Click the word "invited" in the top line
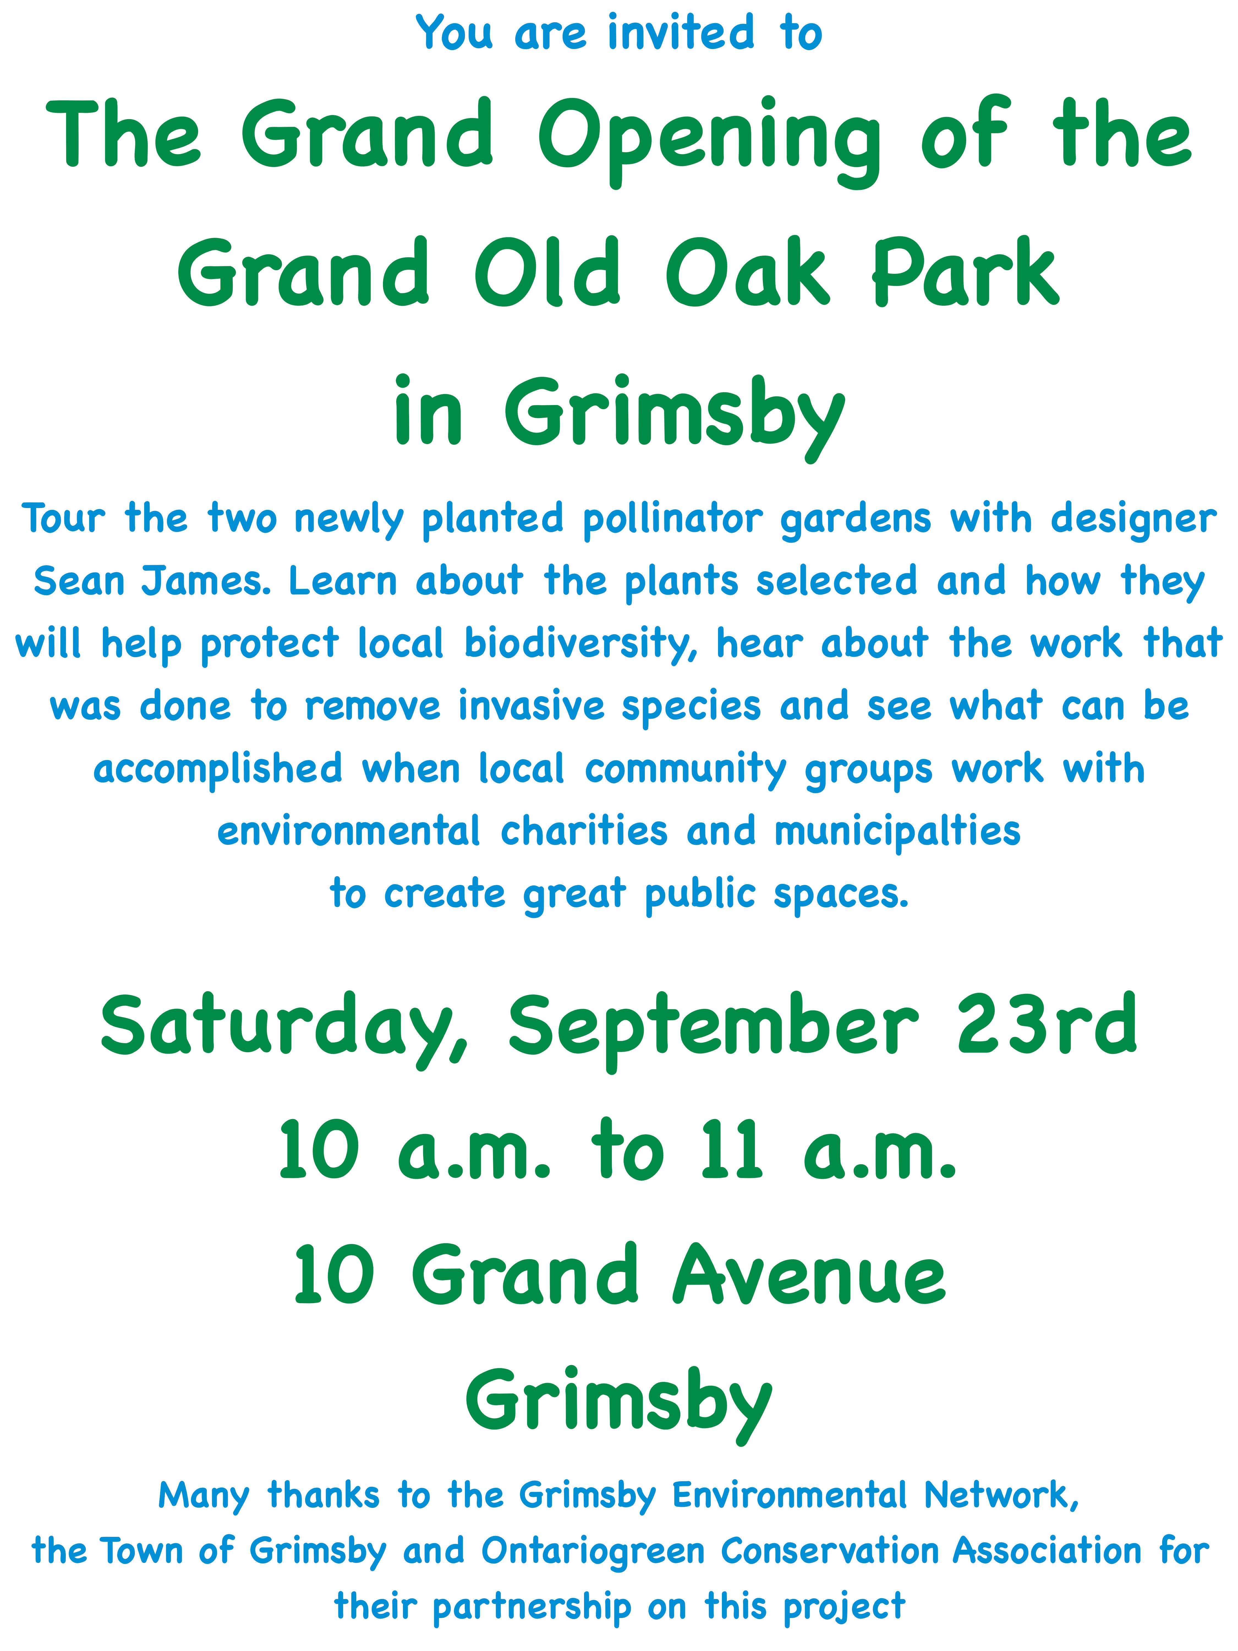681,34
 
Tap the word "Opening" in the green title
709,142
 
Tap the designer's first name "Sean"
78,581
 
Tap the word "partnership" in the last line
531,1607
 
